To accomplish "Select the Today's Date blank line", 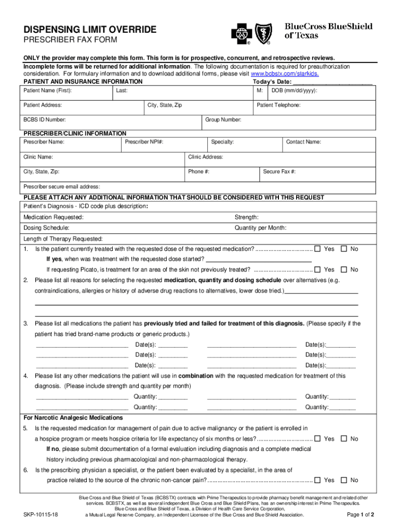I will coord(333,82).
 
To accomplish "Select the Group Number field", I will coord(288,123).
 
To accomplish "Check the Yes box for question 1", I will coord(317,249).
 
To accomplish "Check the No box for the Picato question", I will coord(343,270).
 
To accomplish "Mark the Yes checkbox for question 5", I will coord(317,438).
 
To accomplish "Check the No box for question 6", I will coord(343,480).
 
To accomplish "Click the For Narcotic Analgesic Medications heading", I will coord(73,418).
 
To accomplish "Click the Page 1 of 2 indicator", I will coord(360,515).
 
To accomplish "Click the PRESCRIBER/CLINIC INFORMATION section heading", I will coord(75,134).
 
